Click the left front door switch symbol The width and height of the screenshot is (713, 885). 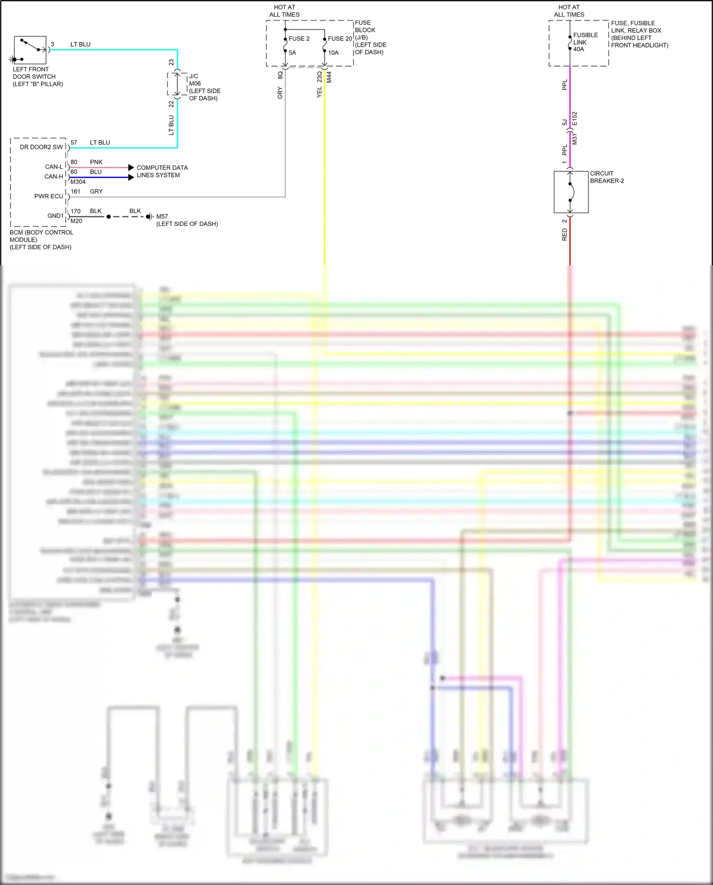point(30,50)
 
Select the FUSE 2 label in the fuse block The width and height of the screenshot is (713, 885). point(299,39)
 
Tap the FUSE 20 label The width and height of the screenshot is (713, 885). point(340,39)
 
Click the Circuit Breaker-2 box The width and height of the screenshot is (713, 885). point(571,192)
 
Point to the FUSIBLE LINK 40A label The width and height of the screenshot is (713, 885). point(585,42)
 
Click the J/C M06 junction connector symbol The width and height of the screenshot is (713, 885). point(177,84)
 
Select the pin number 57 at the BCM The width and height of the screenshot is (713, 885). point(74,143)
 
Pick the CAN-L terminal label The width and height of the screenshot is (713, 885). point(54,167)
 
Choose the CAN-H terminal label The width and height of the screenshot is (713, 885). point(54,176)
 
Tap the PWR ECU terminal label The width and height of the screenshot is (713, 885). point(48,196)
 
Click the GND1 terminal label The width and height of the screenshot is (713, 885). point(55,215)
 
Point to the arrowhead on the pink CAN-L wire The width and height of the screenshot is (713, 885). point(131,167)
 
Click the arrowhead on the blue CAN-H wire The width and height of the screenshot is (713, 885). point(131,177)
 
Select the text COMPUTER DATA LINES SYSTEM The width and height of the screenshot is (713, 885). point(162,171)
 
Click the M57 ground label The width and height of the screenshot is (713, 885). point(162,216)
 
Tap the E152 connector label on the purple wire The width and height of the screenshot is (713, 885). point(574,118)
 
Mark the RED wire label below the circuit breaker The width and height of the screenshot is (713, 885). point(565,234)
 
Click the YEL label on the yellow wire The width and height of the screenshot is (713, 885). point(319,93)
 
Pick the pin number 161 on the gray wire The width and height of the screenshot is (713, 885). point(76,192)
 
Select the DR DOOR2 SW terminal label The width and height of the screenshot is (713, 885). point(41,147)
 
